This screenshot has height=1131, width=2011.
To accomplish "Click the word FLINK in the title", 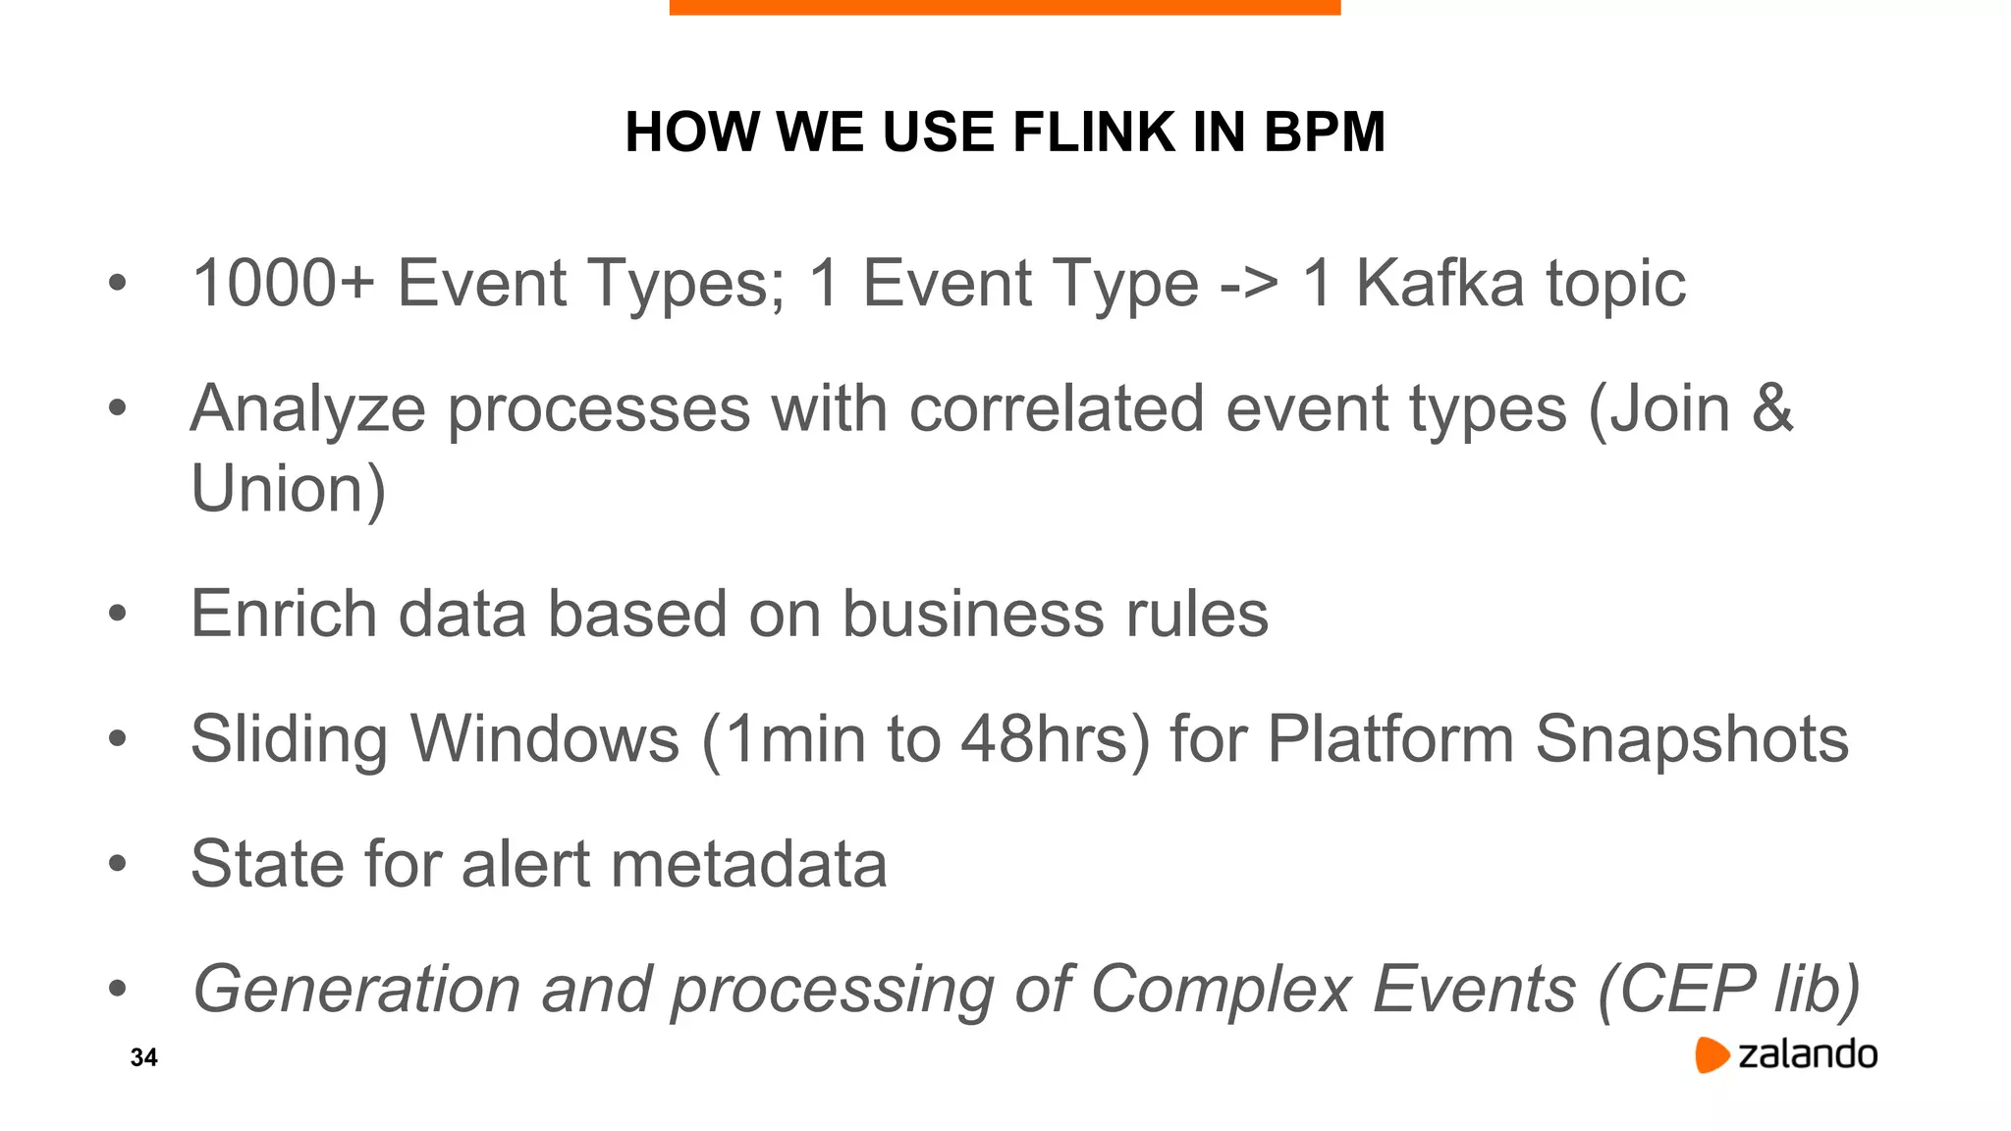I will tap(1094, 132).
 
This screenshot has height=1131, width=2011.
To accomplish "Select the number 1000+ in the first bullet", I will tap(284, 284).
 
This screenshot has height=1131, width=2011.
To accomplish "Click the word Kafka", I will tap(1441, 284).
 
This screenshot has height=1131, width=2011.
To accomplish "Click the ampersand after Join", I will tap(1773, 408).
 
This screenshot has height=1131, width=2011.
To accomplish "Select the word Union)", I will tap(289, 489).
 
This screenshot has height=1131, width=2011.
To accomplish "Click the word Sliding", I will tap(290, 739).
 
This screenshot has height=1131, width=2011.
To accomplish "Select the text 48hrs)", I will tap(1055, 739).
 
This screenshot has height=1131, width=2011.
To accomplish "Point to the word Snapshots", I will tap(1692, 739).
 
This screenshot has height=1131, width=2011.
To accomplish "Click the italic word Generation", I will tap(356, 990).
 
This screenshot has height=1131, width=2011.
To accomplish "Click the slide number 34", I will tap(143, 1057).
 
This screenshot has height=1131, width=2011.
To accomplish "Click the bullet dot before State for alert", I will tap(118, 864).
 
